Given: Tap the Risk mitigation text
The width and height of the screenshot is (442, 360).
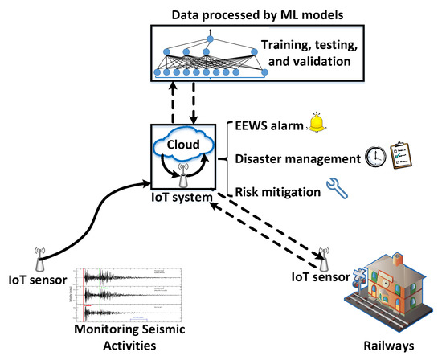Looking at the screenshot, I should point(275,191).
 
